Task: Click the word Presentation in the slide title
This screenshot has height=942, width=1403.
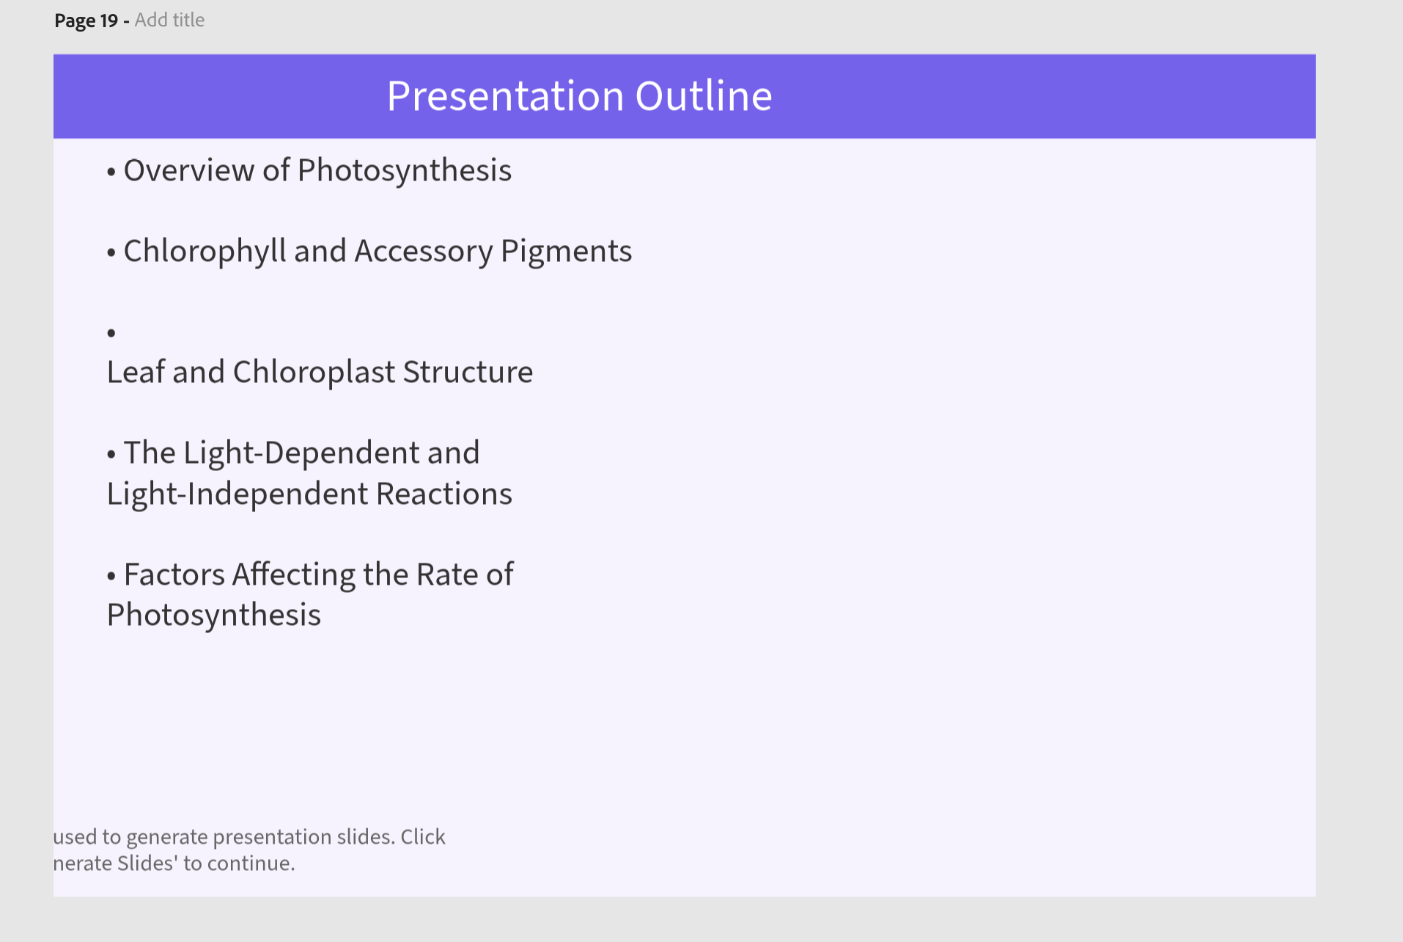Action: [x=505, y=95]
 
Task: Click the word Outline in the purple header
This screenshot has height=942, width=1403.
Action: [x=704, y=95]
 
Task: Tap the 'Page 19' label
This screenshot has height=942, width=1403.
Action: [x=86, y=21]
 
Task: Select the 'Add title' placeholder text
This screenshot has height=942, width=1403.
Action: [x=169, y=20]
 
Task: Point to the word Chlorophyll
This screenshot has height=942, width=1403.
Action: [x=205, y=252]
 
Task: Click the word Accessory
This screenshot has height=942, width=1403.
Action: [x=424, y=252]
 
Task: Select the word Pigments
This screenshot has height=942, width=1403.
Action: [x=566, y=252]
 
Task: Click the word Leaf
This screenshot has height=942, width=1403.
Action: [x=136, y=372]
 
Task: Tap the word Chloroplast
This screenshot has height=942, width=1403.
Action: [x=314, y=373]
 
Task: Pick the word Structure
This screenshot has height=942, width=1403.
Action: [x=468, y=372]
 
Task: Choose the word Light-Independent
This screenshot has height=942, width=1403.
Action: [x=237, y=494]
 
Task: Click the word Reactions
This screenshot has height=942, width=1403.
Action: [x=444, y=494]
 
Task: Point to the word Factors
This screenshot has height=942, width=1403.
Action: [x=174, y=574]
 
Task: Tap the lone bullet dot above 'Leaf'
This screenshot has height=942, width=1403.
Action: [x=111, y=333]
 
